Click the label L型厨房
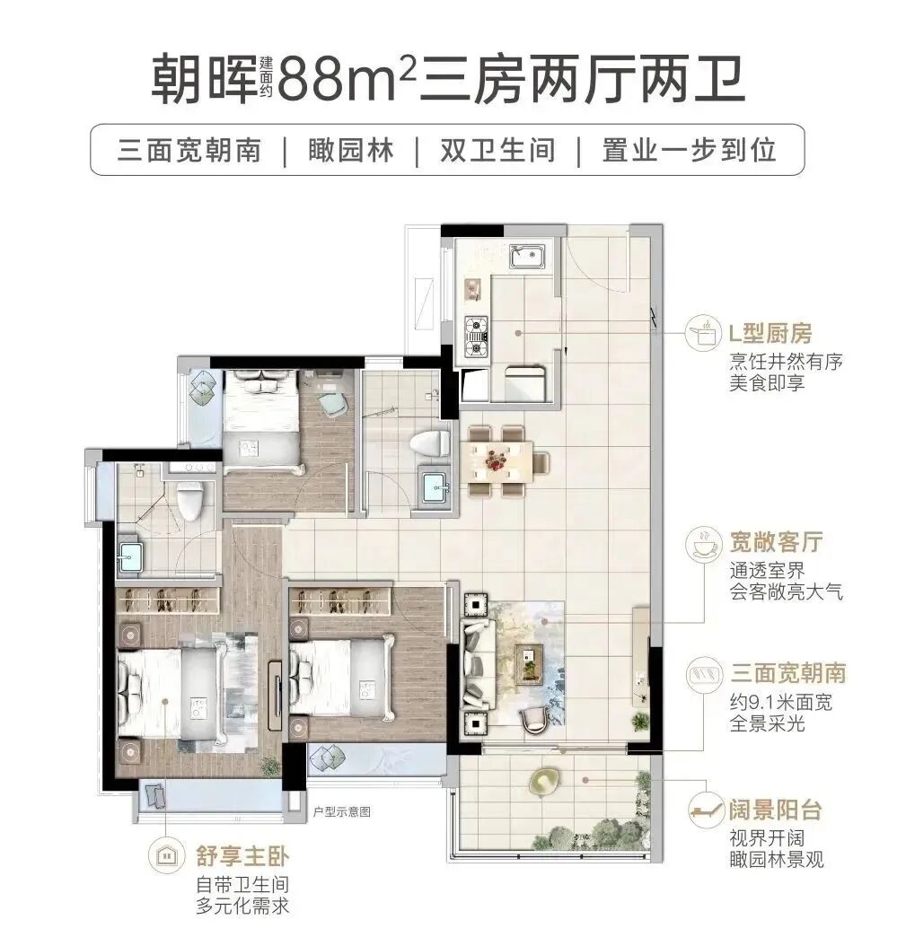(769, 335)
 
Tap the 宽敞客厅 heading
(777, 543)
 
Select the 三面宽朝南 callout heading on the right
(789, 673)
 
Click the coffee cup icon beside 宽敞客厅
(703, 543)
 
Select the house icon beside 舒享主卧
(165, 854)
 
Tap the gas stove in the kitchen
(476, 334)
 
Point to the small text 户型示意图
(342, 813)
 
